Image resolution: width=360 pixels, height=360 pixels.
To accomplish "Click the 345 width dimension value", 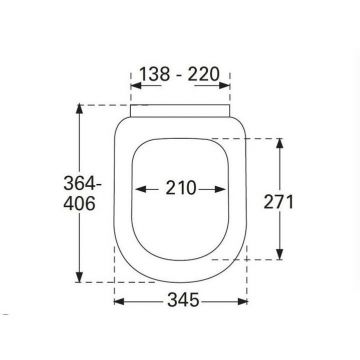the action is point(183,301).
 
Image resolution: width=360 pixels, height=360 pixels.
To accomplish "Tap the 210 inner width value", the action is point(181,188).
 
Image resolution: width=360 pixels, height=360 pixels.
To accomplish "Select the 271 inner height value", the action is point(279,202).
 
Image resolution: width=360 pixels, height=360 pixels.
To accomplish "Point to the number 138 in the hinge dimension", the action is point(154,74).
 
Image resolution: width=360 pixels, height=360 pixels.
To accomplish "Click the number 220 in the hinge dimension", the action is point(203,74).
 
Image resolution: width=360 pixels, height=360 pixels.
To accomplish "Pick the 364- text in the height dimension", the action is point(82,183).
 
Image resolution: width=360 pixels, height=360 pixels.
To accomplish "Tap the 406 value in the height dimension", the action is point(79,204).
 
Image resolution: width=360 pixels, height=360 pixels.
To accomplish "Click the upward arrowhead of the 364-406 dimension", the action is point(79,109).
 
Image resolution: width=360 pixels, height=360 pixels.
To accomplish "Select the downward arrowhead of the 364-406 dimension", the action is point(79,277).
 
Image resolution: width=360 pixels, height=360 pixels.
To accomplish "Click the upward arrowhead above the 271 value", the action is point(280,143).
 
